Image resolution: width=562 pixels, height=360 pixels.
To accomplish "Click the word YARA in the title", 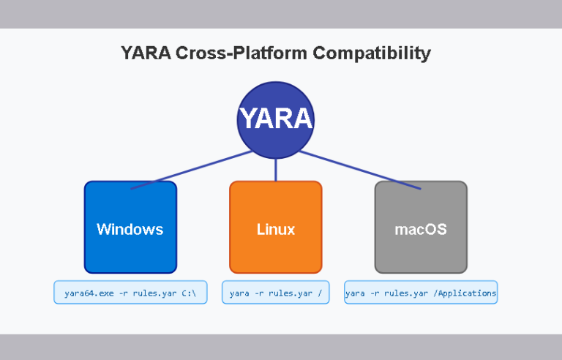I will click(x=145, y=53).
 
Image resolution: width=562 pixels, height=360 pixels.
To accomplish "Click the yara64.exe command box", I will click(x=130, y=293).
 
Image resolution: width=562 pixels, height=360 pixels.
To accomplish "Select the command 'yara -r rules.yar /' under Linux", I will click(x=276, y=293).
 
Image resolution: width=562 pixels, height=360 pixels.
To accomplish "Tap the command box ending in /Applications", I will click(x=421, y=293).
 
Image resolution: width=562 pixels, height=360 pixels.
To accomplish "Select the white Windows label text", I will click(x=130, y=229).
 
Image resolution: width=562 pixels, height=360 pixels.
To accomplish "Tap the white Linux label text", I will click(x=276, y=229).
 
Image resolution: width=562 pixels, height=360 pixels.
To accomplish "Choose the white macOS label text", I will click(x=421, y=229).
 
